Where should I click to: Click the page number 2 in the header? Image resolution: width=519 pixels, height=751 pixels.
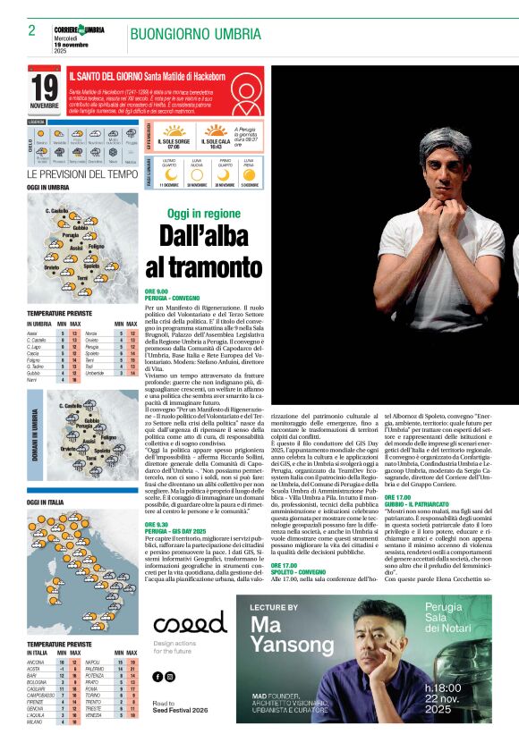coord(32,30)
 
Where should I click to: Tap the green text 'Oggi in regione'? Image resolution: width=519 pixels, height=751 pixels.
coord(203,214)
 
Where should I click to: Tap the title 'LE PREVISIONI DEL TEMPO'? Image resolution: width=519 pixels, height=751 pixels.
coord(82,174)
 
